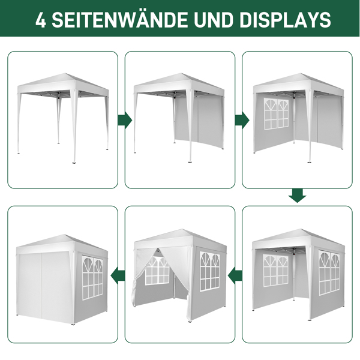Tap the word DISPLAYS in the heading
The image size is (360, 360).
click(x=285, y=20)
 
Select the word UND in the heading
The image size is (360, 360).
click(x=214, y=20)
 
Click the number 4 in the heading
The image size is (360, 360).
click(x=41, y=20)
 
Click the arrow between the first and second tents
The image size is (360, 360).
click(x=125, y=120)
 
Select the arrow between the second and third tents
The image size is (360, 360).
click(x=242, y=120)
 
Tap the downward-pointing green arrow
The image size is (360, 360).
click(x=298, y=196)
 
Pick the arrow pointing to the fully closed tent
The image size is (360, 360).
click(x=118, y=275)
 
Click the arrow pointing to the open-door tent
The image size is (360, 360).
click(x=235, y=275)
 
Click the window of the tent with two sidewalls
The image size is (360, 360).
click(x=276, y=114)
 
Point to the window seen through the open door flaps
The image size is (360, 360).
click(x=157, y=271)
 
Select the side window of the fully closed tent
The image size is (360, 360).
click(x=92, y=278)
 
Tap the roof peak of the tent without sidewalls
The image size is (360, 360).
click(x=65, y=74)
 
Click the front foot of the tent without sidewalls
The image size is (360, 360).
click(x=74, y=163)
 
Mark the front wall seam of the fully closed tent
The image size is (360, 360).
click(x=41, y=286)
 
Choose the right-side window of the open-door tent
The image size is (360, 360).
click(x=209, y=271)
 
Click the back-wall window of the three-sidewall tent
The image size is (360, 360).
click(x=276, y=271)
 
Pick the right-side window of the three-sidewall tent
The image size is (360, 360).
click(x=329, y=272)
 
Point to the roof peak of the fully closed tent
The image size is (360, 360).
click(x=65, y=235)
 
